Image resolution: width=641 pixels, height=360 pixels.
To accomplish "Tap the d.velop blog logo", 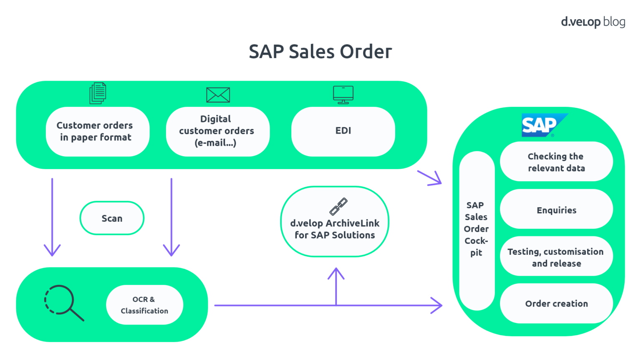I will (593, 22).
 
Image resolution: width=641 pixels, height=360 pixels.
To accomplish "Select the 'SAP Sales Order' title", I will (320, 52).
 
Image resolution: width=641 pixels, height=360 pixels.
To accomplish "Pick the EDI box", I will (343, 131).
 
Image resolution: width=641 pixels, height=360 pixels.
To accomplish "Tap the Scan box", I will (112, 218).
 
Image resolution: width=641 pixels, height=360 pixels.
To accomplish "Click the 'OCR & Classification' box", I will (144, 305).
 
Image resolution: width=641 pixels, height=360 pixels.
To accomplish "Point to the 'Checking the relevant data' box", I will (556, 162).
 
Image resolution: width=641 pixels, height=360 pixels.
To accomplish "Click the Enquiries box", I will (556, 210).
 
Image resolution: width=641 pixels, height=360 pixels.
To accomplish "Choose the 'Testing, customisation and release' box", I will (556, 257).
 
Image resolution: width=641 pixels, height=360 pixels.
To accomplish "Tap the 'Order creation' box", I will (556, 304).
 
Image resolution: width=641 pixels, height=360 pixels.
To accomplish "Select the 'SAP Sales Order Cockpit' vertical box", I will (477, 230).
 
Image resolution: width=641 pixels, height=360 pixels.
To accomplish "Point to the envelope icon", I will (218, 95).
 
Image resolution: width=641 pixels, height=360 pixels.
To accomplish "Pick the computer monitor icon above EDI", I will (343, 94).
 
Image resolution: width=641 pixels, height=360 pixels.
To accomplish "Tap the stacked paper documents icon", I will (98, 93).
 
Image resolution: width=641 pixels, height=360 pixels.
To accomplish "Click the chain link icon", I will (338, 206).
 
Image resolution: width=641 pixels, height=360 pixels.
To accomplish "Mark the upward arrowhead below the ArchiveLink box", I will (336, 274).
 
